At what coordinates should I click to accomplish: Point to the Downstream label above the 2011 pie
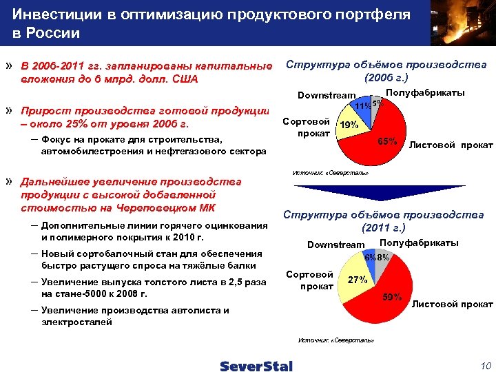(335, 245)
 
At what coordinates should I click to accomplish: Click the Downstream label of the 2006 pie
(326, 95)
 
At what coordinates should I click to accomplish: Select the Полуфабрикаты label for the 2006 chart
(425, 92)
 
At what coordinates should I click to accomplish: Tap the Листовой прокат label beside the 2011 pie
(452, 303)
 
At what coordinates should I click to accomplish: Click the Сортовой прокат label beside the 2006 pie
(308, 127)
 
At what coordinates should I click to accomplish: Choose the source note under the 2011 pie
(335, 340)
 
